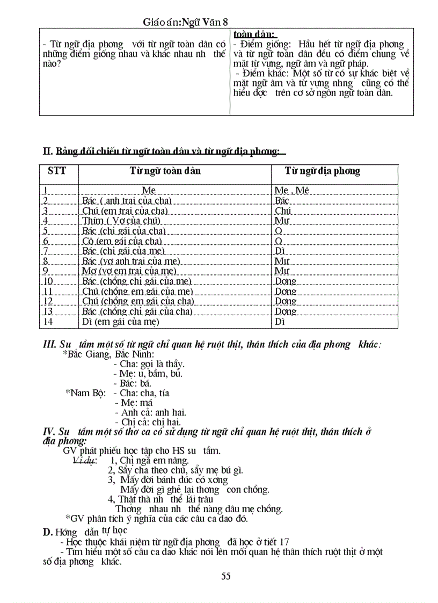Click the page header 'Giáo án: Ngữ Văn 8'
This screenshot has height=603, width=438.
tap(186, 21)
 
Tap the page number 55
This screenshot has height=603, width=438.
tap(226, 576)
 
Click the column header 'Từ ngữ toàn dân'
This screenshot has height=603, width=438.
tap(165, 171)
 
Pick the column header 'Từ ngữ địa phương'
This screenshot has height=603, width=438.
tap(323, 171)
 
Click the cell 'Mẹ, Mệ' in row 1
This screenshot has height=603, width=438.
tap(292, 191)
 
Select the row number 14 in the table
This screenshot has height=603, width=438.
tap(48, 322)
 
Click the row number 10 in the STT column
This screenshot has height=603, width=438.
tap(48, 281)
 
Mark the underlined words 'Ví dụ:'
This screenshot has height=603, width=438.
tap(84, 460)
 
